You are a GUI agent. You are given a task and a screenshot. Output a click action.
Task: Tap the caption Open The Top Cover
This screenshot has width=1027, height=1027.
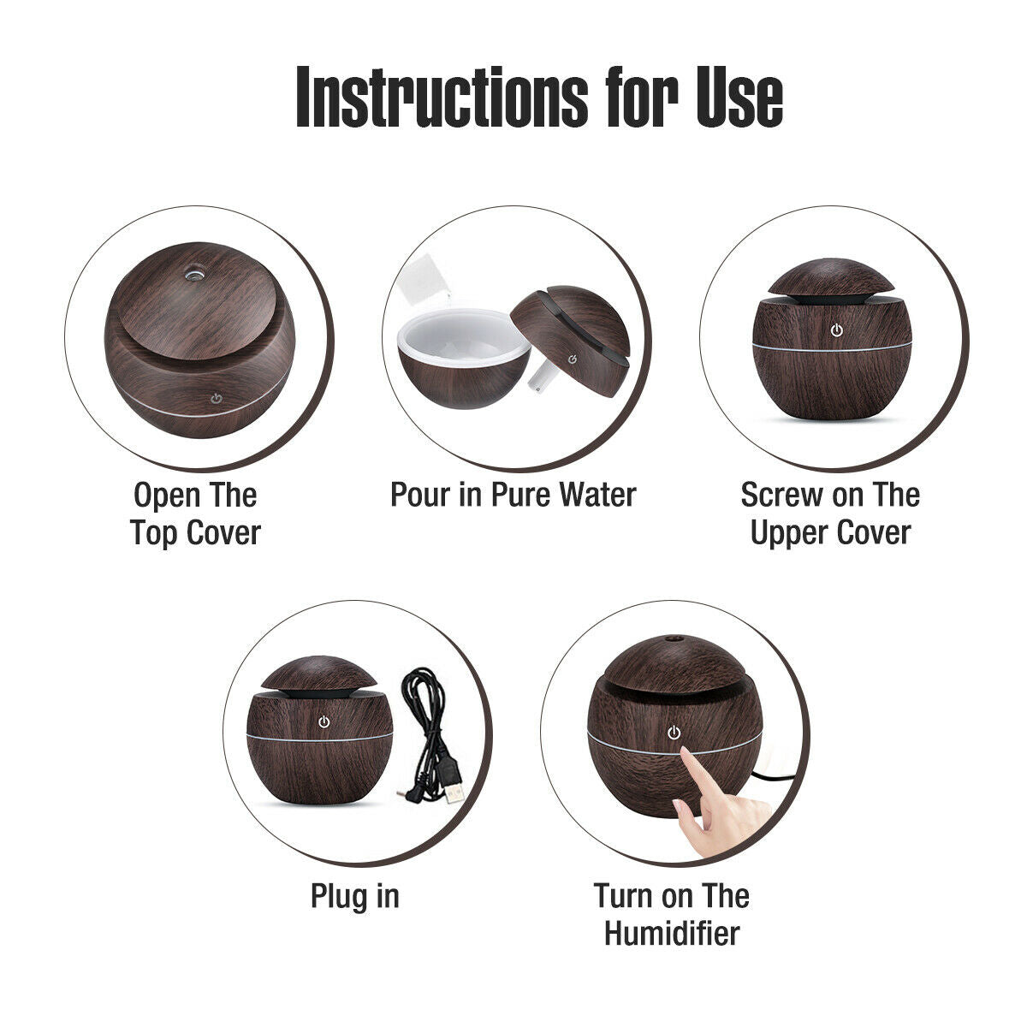point(195,513)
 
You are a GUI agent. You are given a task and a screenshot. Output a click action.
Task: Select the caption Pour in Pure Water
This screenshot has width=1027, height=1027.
point(513,495)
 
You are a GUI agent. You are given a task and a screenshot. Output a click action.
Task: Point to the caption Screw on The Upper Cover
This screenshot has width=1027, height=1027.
point(830,513)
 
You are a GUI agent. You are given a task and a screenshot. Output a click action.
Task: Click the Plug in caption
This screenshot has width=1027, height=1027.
point(354,896)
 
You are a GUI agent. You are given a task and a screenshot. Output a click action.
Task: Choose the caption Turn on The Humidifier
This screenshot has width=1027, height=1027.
point(672,914)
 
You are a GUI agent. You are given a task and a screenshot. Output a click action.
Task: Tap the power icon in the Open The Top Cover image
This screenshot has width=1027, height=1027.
point(217,397)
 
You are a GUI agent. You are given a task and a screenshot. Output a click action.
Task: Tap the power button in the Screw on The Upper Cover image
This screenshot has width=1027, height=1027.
point(836,329)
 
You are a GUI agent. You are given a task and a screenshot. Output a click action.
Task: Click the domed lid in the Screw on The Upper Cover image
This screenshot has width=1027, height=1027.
point(831,279)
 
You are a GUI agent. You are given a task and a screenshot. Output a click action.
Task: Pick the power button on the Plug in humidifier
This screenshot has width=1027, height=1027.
point(324,722)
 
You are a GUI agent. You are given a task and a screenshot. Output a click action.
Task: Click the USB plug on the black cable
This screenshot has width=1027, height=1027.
point(454,788)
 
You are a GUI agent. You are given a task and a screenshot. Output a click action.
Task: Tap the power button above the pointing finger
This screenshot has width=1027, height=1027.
point(674,733)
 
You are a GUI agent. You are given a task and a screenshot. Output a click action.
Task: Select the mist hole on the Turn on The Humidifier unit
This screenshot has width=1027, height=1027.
point(671,638)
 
